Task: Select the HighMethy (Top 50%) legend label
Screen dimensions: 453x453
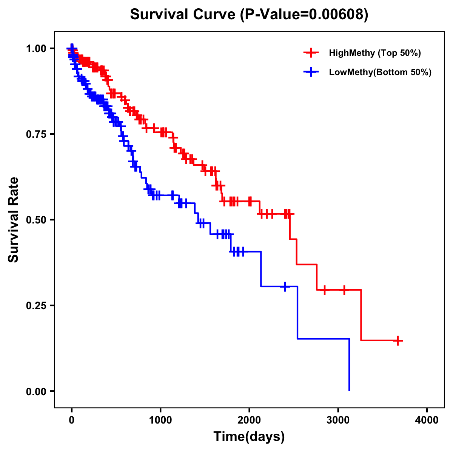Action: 375,53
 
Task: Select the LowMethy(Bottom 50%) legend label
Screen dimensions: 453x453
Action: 380,72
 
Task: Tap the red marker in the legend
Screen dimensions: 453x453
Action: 311,53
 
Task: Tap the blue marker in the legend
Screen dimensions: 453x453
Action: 311,72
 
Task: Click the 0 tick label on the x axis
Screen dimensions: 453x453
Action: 72,420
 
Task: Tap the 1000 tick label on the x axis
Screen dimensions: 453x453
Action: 160,420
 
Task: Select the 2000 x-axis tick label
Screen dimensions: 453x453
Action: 249,420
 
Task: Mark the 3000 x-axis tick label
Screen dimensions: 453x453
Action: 338,420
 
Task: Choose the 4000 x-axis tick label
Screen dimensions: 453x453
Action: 427,420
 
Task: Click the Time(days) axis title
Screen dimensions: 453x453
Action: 249,437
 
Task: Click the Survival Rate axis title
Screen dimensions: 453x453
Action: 14,220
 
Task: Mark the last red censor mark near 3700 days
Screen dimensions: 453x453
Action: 398,341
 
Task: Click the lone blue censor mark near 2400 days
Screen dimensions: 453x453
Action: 285,287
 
